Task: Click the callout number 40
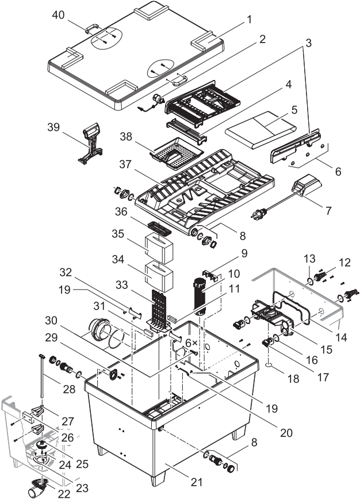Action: coord(58,15)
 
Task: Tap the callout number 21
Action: coord(196,482)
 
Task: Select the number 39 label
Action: coord(53,127)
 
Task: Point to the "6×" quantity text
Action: coord(192,343)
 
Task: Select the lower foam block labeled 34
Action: coord(159,276)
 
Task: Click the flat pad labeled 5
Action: coord(261,130)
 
